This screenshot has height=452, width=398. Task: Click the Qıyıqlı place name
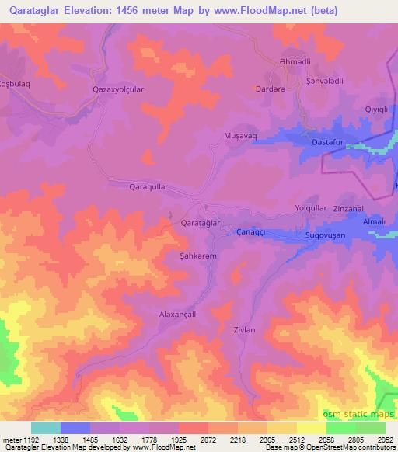click(377, 110)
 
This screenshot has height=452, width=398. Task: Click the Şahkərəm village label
click(197, 255)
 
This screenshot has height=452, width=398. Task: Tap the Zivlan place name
click(245, 329)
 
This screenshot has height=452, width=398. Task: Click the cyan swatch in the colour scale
click(46, 428)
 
